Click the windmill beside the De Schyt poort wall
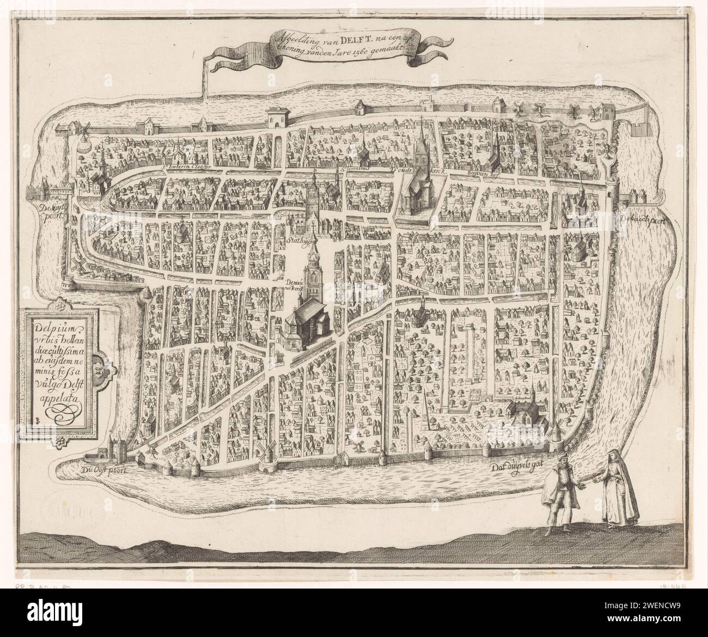click(76, 265)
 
